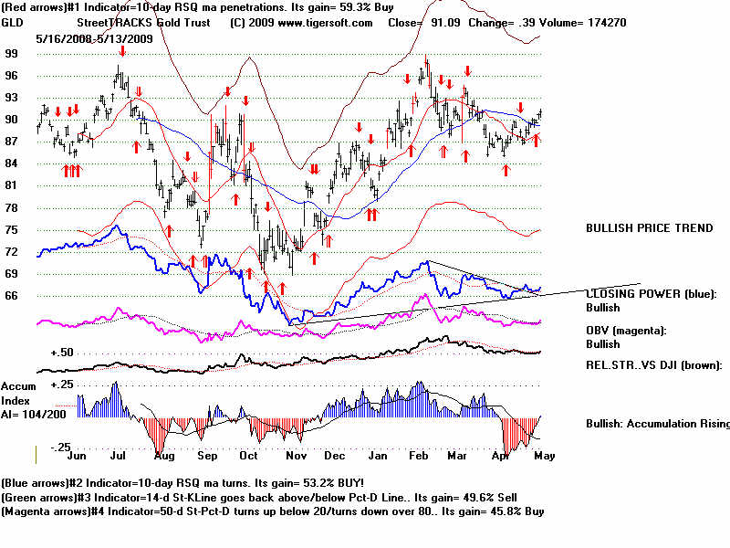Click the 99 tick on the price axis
11,54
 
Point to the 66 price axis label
11,295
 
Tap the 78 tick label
11,207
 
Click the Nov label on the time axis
293,454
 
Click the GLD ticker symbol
14,22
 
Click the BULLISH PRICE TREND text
649,228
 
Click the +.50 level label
62,353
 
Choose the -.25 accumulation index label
60,447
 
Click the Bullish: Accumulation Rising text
657,424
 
